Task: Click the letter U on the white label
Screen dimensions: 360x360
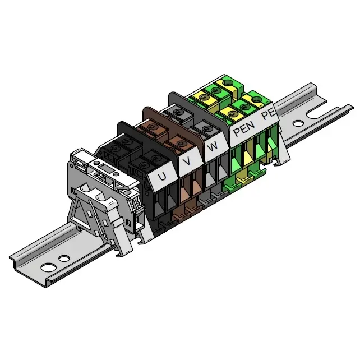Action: click(162, 177)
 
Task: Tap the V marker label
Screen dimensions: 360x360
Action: click(188, 161)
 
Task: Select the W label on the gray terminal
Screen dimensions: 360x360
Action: click(213, 146)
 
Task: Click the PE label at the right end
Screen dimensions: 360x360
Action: click(268, 114)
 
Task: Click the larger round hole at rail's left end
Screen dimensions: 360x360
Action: click(48, 267)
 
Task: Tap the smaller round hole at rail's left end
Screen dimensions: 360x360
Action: click(64, 259)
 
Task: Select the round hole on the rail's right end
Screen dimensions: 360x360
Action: click(298, 124)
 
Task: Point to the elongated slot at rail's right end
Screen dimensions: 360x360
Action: click(318, 114)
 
